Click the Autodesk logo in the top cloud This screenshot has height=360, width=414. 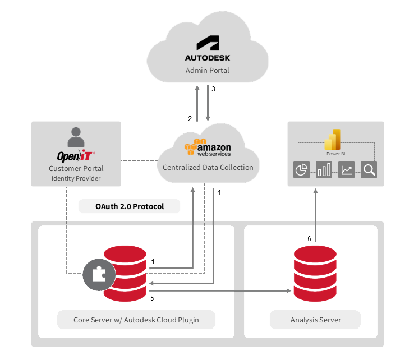coord(207,49)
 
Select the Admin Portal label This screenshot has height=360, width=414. coord(208,71)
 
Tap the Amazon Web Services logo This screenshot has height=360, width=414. coord(208,147)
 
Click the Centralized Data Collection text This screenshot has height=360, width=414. coord(208,167)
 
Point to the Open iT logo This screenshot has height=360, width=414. coord(76,156)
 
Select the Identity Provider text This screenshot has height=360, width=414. coord(76,179)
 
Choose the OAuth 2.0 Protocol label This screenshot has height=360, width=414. coord(129,206)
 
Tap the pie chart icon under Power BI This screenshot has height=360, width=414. coord(302,170)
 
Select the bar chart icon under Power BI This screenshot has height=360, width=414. coord(324,170)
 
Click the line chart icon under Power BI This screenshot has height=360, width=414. coord(346,170)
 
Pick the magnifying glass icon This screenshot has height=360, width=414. coord(369,170)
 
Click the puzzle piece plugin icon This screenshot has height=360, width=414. coord(99,275)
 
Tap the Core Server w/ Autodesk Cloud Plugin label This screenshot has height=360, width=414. coord(136,320)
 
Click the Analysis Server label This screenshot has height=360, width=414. coord(315,320)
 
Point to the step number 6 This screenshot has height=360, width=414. coord(309,238)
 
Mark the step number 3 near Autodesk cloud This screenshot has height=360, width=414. coord(213,89)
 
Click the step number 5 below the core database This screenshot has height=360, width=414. coord(152,298)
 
